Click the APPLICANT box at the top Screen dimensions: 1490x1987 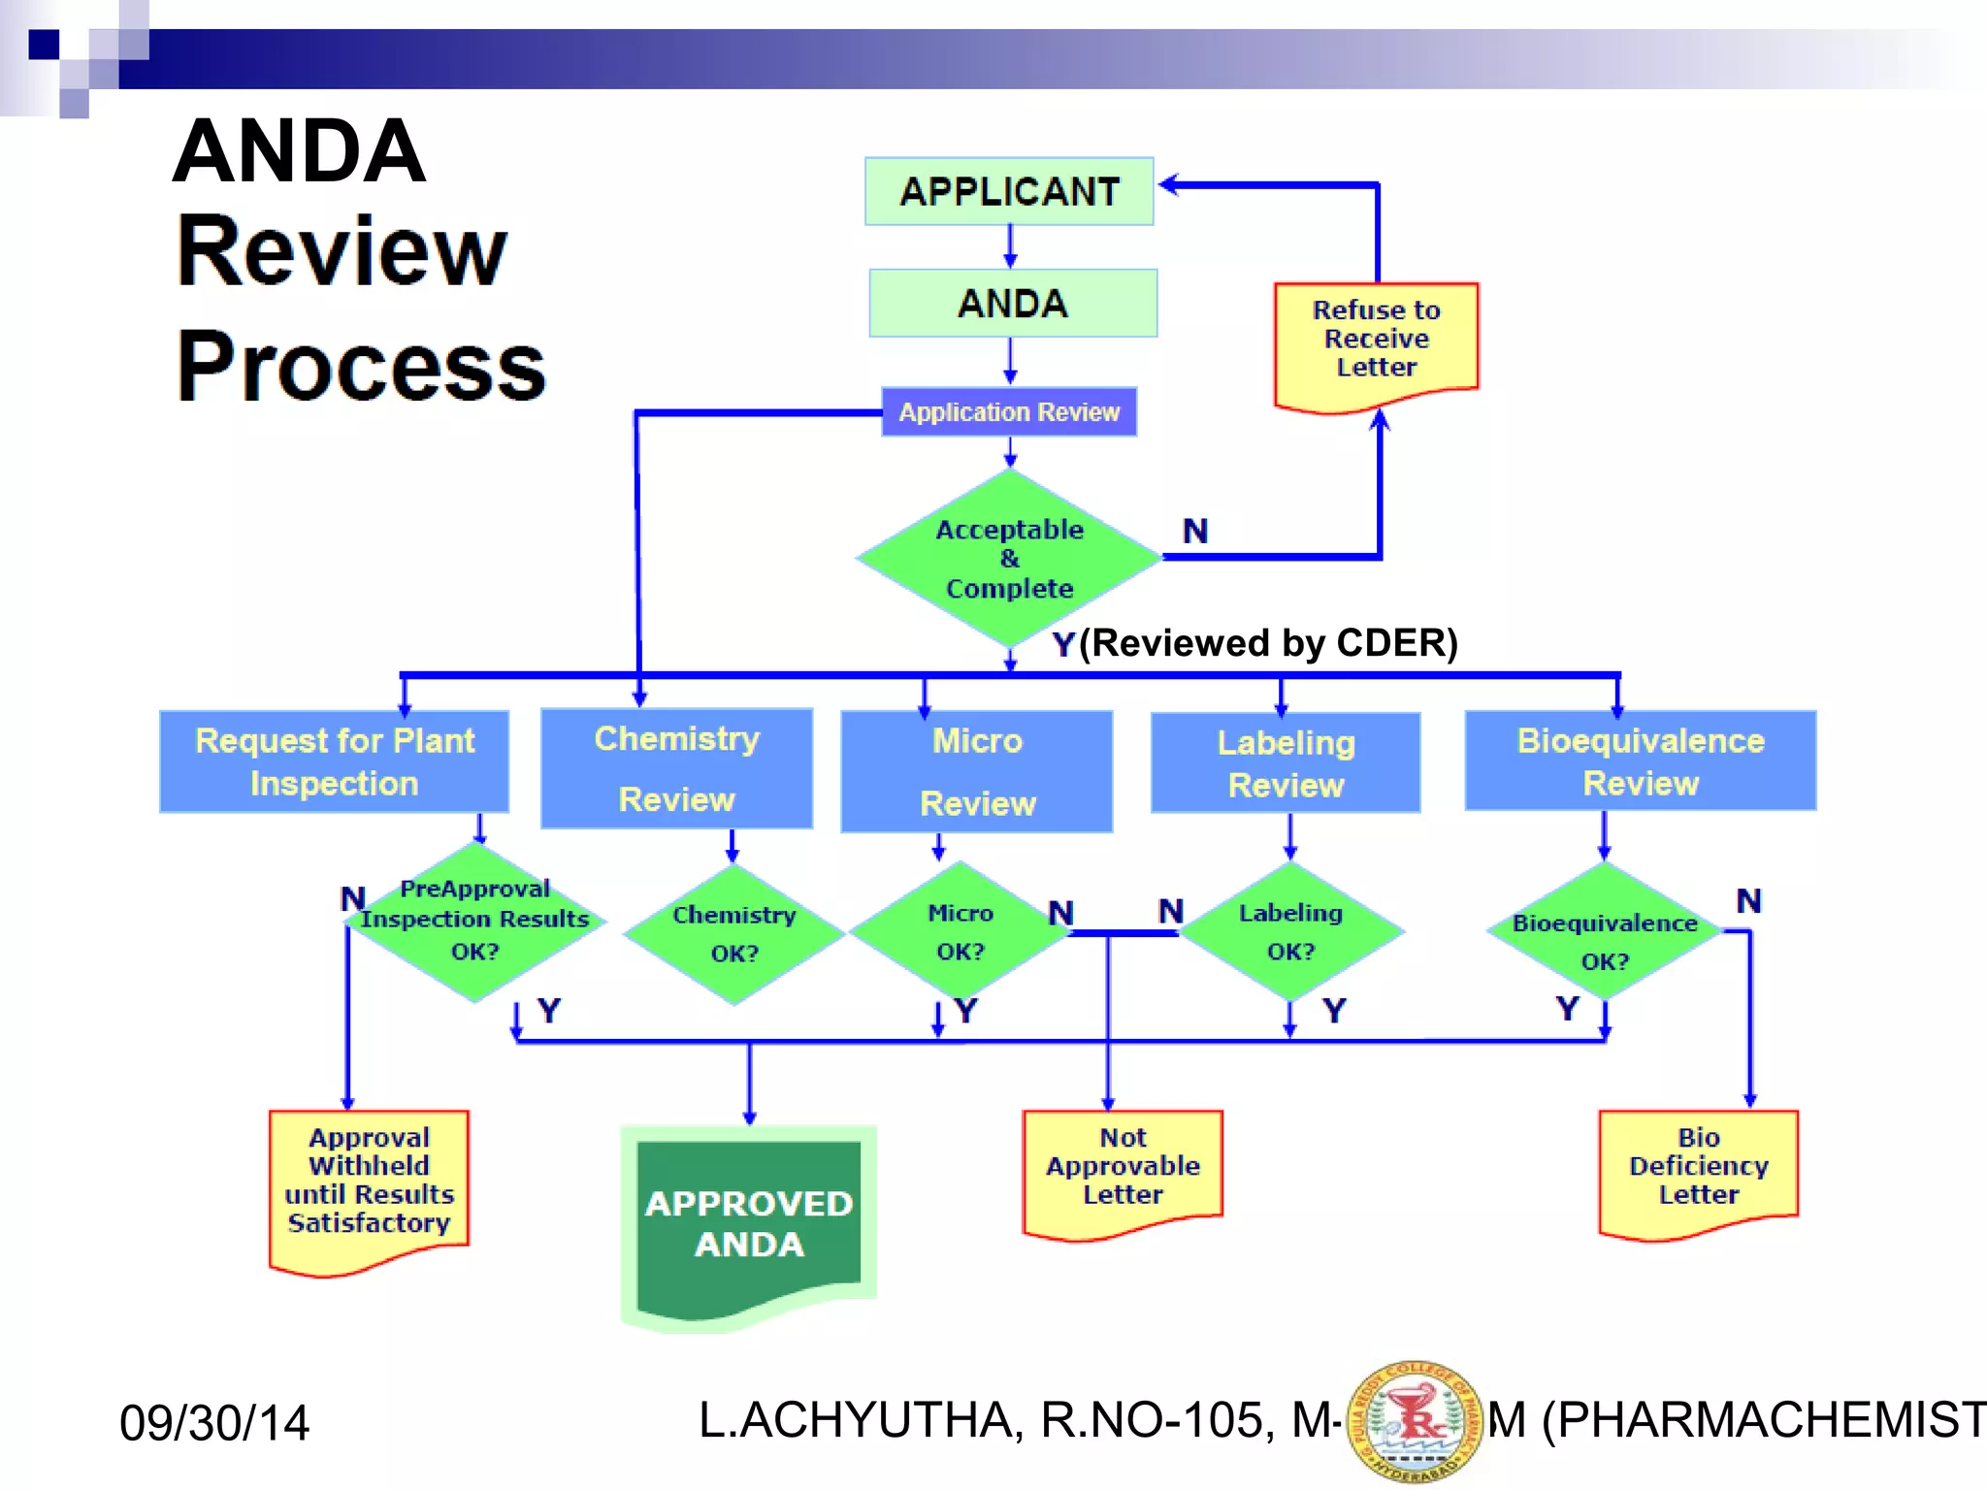(x=1009, y=191)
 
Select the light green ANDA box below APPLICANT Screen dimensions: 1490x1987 (x=1013, y=304)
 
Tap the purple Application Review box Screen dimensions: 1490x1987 (x=1009, y=412)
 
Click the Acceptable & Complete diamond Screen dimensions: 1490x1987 (x=1009, y=559)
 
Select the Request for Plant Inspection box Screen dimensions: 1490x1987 (x=335, y=761)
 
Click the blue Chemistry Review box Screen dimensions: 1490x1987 (x=676, y=768)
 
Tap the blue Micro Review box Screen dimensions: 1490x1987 (x=977, y=771)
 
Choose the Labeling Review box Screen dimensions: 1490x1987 (x=1286, y=763)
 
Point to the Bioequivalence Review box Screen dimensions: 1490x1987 (x=1640, y=761)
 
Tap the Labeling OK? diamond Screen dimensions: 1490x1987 (x=1290, y=931)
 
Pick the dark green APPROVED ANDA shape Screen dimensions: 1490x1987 (x=749, y=1224)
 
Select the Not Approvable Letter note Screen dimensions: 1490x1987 (x=1123, y=1168)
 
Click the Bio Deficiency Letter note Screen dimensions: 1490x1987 (x=1698, y=1168)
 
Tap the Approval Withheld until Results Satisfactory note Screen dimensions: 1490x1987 (x=369, y=1183)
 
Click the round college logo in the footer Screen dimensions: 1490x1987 (x=1415, y=1421)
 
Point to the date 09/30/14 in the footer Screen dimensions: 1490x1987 (x=214, y=1423)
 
